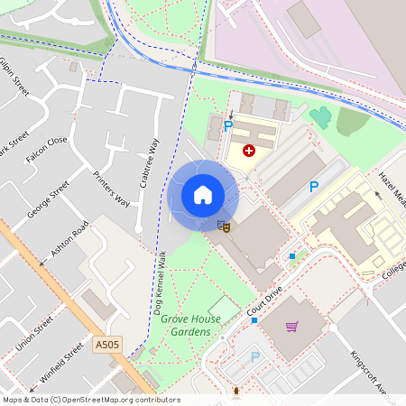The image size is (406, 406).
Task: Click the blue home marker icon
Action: click(203, 194)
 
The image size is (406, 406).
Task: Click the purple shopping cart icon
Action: click(291, 327)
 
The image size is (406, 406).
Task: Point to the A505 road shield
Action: click(106, 344)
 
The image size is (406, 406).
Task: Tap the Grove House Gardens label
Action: click(186, 326)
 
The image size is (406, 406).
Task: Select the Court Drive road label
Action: click(264, 300)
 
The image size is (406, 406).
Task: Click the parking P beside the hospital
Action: click(228, 126)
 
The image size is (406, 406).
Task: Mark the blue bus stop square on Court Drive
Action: click(255, 320)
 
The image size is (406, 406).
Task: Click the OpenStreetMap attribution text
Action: click(90, 400)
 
